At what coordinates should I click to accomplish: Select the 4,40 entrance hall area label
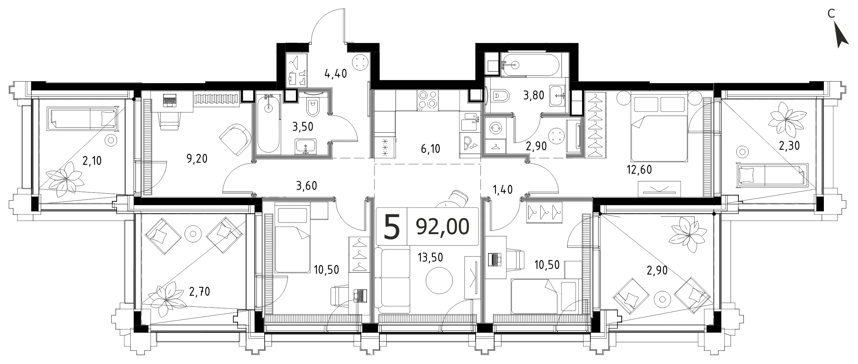pyautogui.click(x=336, y=73)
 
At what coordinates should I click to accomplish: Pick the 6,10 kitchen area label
pyautogui.click(x=430, y=149)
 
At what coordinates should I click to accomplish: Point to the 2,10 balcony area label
pyautogui.click(x=92, y=161)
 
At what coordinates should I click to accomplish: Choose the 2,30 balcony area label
pyautogui.click(x=789, y=145)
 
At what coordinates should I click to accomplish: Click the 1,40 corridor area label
pyautogui.click(x=503, y=190)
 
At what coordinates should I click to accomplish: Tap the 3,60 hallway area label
pyautogui.click(x=306, y=185)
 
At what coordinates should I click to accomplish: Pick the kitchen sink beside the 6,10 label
pyautogui.click(x=470, y=122)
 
